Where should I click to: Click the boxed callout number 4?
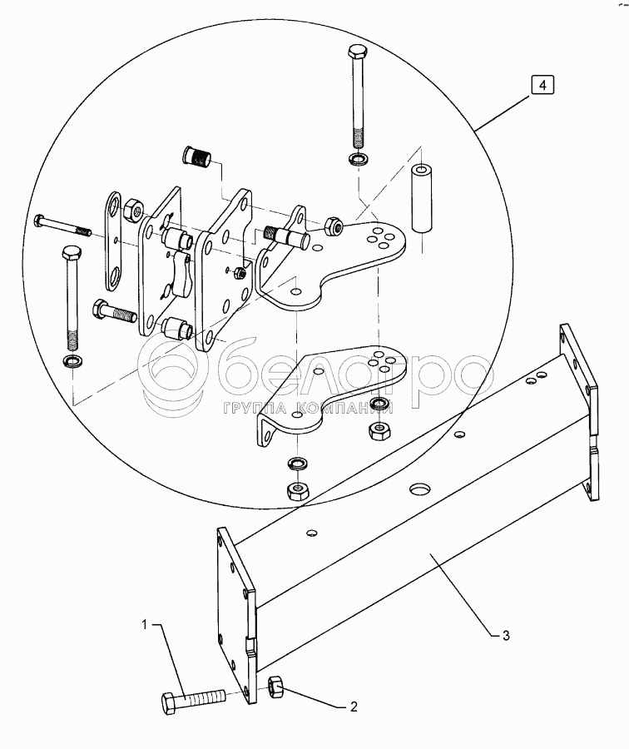pyautogui.click(x=542, y=86)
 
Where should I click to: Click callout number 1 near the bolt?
pyautogui.click(x=145, y=624)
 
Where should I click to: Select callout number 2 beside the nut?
pyautogui.click(x=354, y=706)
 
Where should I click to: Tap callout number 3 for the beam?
pyautogui.click(x=506, y=635)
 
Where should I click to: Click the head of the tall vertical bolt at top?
pyautogui.click(x=356, y=51)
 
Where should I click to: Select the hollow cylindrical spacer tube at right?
pyautogui.click(x=421, y=199)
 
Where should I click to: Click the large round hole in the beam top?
pyautogui.click(x=420, y=489)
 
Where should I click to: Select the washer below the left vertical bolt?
pyautogui.click(x=72, y=360)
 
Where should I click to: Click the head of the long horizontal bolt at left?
pyautogui.click(x=38, y=221)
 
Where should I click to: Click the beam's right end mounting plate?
pyautogui.click(x=579, y=412)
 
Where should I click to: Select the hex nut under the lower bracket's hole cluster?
pyautogui.click(x=379, y=431)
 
